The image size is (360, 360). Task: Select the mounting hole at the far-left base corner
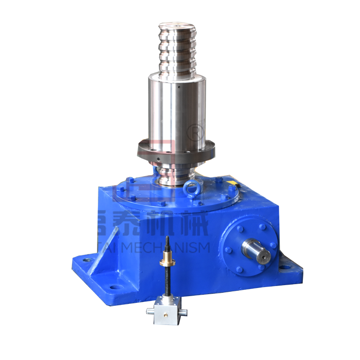(x=86, y=260)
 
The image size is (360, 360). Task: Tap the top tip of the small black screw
(x=168, y=239)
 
